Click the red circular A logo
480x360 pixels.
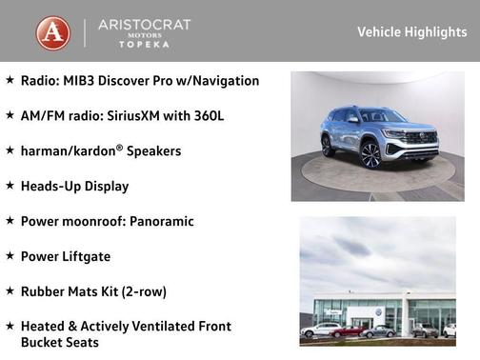pos(53,31)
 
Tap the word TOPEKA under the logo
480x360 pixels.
pos(145,45)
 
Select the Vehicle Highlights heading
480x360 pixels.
pos(411,31)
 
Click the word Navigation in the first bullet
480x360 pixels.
pos(224,81)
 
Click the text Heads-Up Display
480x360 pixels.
pos(74,187)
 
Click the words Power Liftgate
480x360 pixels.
pos(66,256)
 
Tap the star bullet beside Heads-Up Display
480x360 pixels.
pos(10,186)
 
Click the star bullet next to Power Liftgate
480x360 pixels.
pos(10,255)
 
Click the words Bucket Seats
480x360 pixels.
pos(59,343)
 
